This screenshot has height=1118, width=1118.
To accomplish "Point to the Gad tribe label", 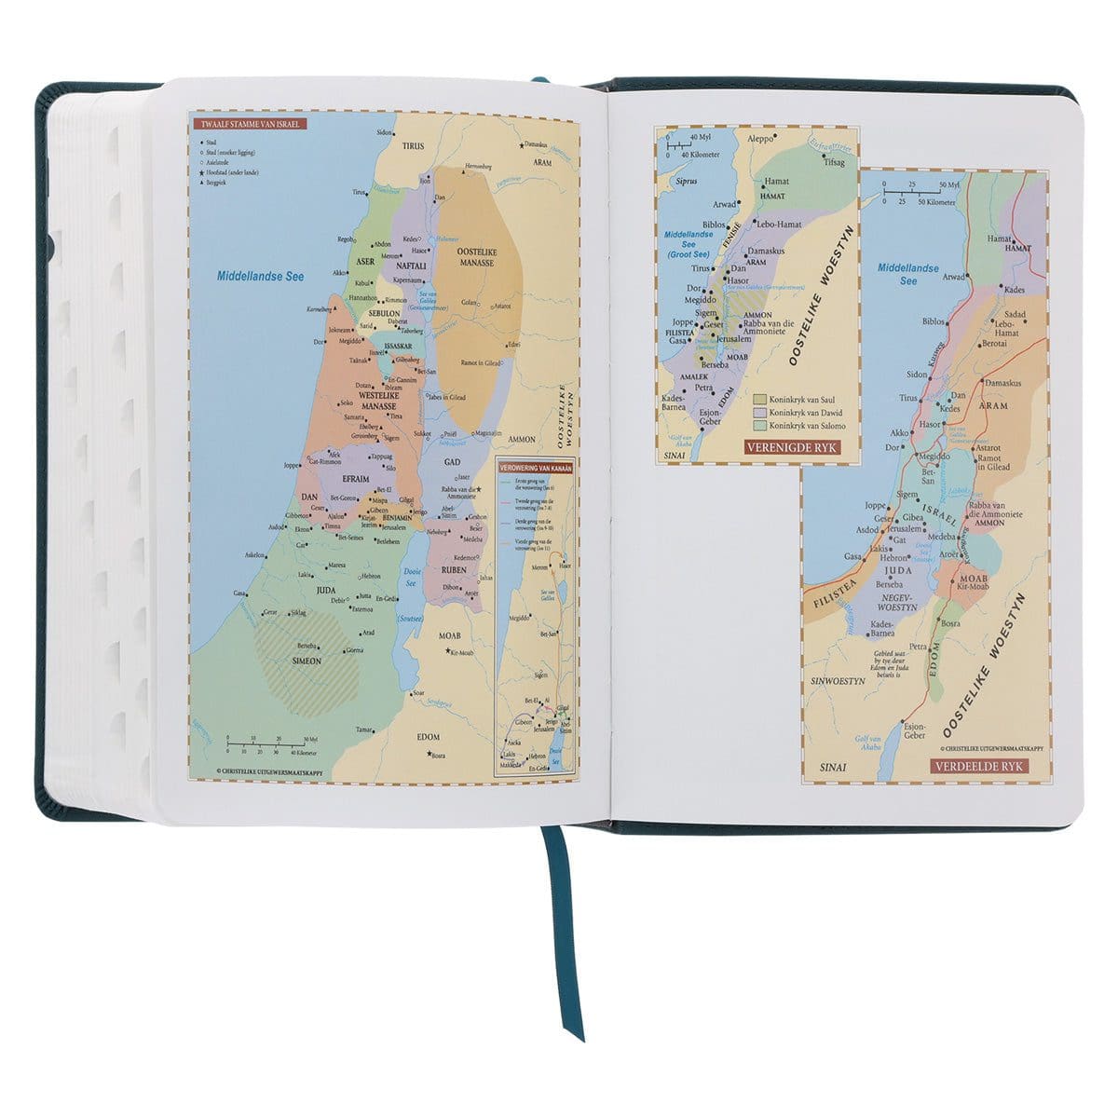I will click(x=454, y=462).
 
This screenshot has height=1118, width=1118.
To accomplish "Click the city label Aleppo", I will click(x=759, y=136).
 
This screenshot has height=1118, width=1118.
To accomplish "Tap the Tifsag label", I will click(x=833, y=161).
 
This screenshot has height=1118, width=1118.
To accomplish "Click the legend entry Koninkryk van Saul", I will click(x=804, y=398).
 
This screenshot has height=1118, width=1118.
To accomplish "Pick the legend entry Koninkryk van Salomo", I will click(x=808, y=425).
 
